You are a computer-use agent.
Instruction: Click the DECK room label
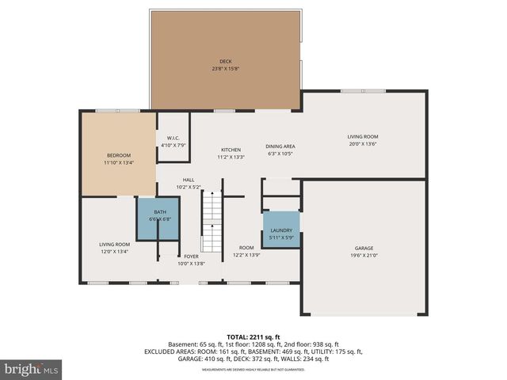point(226,62)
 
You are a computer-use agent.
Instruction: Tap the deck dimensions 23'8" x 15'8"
point(226,69)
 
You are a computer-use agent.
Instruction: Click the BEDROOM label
point(119,155)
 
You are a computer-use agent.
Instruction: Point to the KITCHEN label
point(231,150)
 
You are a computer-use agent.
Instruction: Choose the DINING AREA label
point(280,146)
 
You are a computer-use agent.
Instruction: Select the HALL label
point(189,180)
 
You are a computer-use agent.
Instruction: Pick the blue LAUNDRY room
point(281,230)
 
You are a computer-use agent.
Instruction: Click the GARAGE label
point(364,247)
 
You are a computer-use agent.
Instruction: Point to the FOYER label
point(191,256)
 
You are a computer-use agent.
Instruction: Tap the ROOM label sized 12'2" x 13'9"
point(246,248)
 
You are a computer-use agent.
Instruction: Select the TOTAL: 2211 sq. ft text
point(253,336)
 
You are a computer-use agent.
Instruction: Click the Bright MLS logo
point(32,369)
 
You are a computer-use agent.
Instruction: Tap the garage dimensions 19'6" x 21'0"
point(364,255)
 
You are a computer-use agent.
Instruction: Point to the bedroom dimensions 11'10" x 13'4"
point(119,162)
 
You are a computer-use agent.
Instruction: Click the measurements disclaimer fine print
point(253,370)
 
